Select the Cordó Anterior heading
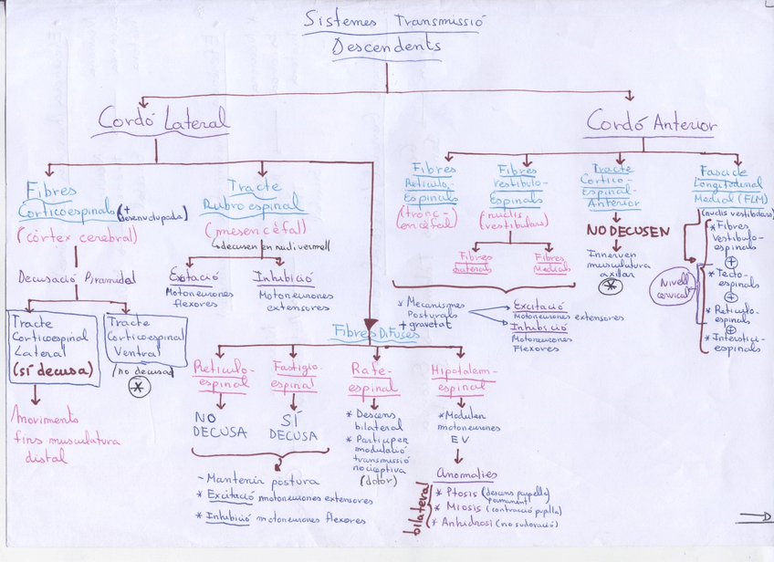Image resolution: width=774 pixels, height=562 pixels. pos(651,122)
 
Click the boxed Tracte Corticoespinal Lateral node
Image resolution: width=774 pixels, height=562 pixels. pos(52,348)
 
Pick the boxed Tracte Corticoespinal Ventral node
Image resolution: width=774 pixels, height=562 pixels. pos(145,338)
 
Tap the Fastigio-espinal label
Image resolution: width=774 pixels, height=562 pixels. pos(294,376)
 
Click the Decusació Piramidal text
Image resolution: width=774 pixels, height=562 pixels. pos(77,278)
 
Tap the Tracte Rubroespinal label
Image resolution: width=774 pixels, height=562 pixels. pos(253,195)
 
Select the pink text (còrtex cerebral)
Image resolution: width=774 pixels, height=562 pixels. pos(77,237)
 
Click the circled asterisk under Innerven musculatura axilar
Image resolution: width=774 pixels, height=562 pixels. pos(611,286)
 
